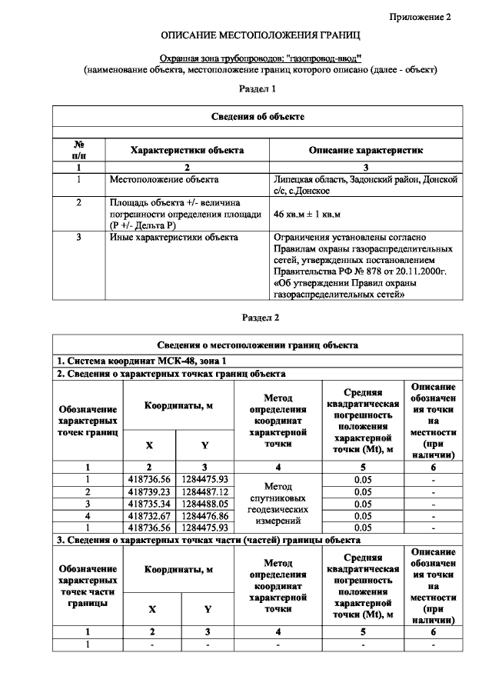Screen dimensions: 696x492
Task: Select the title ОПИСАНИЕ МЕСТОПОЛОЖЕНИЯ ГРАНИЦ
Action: tap(261, 36)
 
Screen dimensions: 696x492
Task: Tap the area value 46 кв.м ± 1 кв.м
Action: tap(307, 214)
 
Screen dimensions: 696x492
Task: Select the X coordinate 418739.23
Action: tap(149, 491)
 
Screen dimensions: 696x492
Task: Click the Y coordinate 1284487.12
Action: tap(204, 491)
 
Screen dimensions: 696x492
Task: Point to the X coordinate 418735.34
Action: tap(149, 504)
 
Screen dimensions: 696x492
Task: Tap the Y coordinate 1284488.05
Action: tap(204, 504)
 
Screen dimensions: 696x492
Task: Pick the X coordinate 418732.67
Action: tap(149, 516)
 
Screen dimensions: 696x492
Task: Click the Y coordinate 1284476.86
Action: tap(204, 516)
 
